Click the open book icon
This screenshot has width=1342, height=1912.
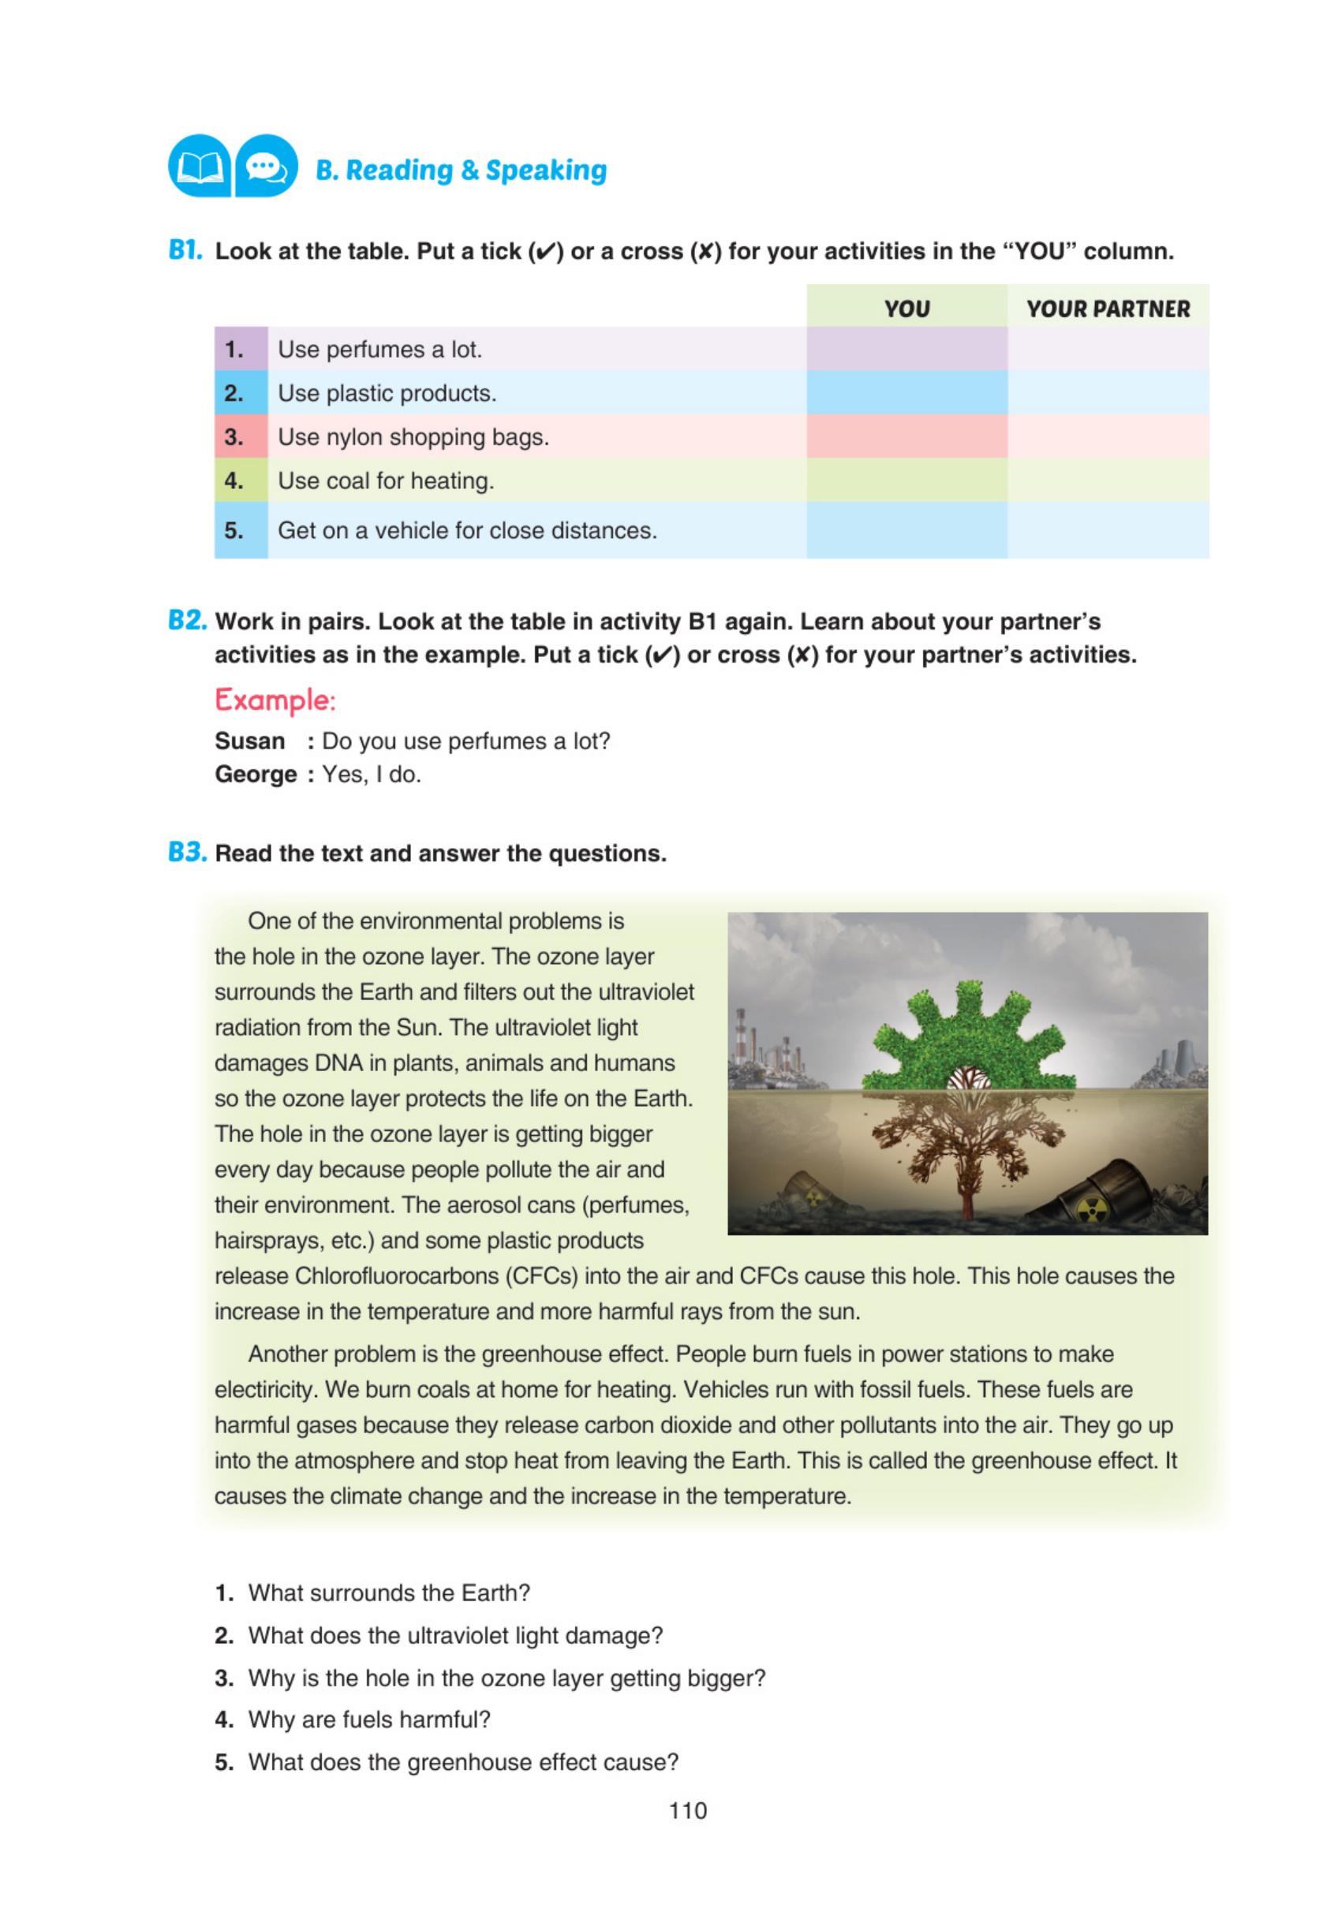[199, 166]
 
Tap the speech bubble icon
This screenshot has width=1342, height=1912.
[266, 166]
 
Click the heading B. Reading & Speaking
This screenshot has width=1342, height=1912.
[461, 170]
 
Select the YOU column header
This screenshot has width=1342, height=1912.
[907, 308]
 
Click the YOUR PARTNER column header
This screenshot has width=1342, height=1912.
[1107, 308]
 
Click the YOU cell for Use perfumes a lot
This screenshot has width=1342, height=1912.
[907, 349]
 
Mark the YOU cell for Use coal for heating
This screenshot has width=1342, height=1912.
[907, 480]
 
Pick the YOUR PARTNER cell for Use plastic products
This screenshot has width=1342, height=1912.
[1107, 393]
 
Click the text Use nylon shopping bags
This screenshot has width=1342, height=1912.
[413, 436]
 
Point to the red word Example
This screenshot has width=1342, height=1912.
[274, 700]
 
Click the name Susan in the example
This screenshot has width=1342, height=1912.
[250, 741]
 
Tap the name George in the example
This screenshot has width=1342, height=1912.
[256, 774]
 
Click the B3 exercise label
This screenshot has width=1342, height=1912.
[187, 852]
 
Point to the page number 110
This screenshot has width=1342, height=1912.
[687, 1810]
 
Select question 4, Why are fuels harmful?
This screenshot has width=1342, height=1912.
[369, 1719]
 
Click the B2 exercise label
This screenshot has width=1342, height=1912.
[187, 621]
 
